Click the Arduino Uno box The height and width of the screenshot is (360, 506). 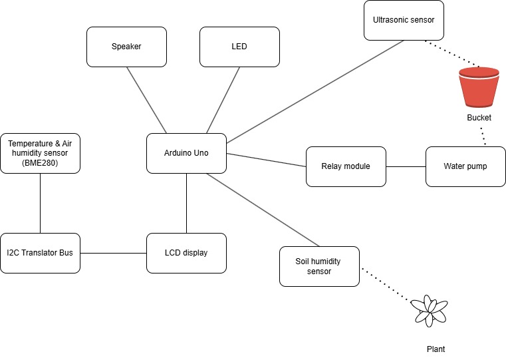click(x=186, y=153)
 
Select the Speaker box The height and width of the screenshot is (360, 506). click(x=126, y=47)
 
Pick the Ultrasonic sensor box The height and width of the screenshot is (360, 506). click(x=404, y=20)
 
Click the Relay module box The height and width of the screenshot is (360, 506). click(x=345, y=166)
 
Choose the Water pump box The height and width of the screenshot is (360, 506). click(x=465, y=166)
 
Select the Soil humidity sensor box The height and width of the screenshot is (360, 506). click(x=319, y=266)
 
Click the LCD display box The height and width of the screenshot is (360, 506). click(x=186, y=253)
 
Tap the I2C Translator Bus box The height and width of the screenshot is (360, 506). click(x=40, y=253)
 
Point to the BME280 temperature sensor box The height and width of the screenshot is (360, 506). click(x=40, y=153)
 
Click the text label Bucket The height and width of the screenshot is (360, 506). click(x=479, y=118)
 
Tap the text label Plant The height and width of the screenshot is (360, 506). click(x=435, y=349)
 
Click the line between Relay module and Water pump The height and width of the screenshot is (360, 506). click(x=406, y=166)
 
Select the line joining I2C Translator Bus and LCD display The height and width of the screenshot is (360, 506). click(x=113, y=253)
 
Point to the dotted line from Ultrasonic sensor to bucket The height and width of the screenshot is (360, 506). click(x=452, y=55)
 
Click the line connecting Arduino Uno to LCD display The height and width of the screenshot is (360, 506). click(x=186, y=203)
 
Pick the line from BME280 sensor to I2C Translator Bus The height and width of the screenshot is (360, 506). click(x=40, y=203)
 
